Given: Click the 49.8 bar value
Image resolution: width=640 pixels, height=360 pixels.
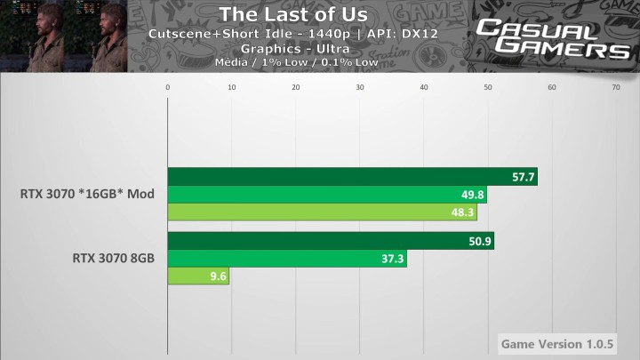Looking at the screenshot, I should tap(473, 195).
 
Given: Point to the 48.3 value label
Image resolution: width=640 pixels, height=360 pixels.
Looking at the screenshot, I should tap(463, 212).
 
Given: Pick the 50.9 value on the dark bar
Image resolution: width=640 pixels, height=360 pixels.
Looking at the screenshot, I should tap(480, 242).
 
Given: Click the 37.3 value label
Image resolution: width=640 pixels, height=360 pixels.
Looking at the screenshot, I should tap(393, 260).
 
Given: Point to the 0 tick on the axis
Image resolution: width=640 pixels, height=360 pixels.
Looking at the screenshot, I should tap(168, 87).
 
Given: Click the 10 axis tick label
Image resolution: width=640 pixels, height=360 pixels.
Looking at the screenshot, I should tap(232, 87).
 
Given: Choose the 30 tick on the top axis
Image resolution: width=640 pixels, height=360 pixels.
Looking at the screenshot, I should tap(360, 87).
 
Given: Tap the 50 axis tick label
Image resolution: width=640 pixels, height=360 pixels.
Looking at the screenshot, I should tap(488, 87).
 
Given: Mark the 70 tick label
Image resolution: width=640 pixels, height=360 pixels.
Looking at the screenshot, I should tap(616, 87).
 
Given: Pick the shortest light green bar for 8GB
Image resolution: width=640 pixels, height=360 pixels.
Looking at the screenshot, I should tap(199, 277).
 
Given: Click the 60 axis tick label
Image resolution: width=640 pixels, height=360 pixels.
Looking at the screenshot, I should tap(552, 87).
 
